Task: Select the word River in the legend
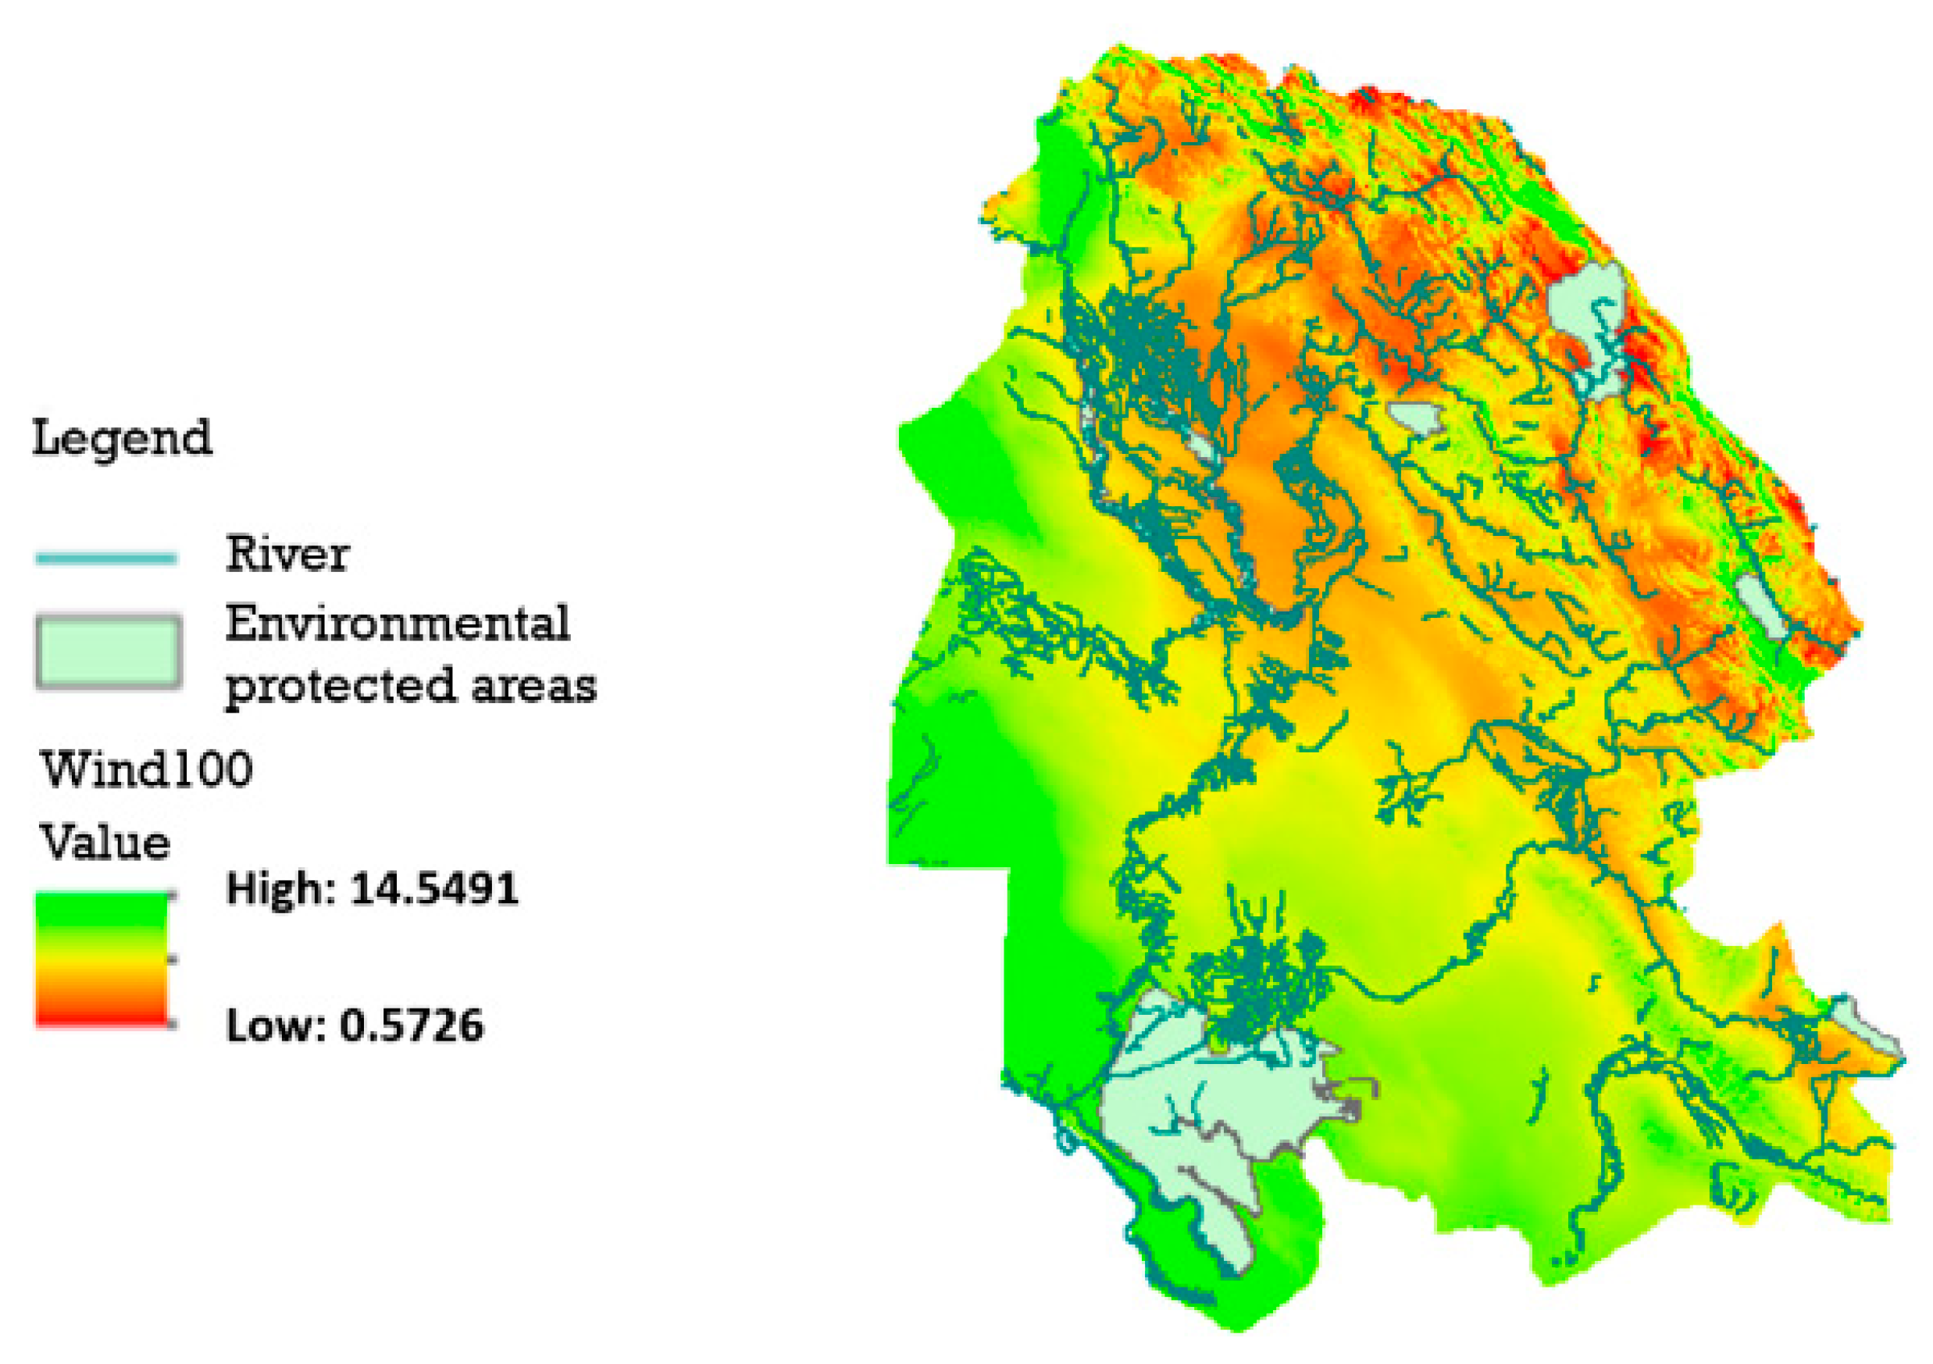click(287, 555)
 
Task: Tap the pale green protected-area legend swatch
click(108, 652)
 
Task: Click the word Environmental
click(398, 624)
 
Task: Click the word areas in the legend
click(533, 686)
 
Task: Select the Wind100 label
click(147, 769)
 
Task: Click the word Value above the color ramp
click(105, 843)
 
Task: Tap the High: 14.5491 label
click(372, 889)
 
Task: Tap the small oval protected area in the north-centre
click(1417, 416)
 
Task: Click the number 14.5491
click(433, 889)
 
